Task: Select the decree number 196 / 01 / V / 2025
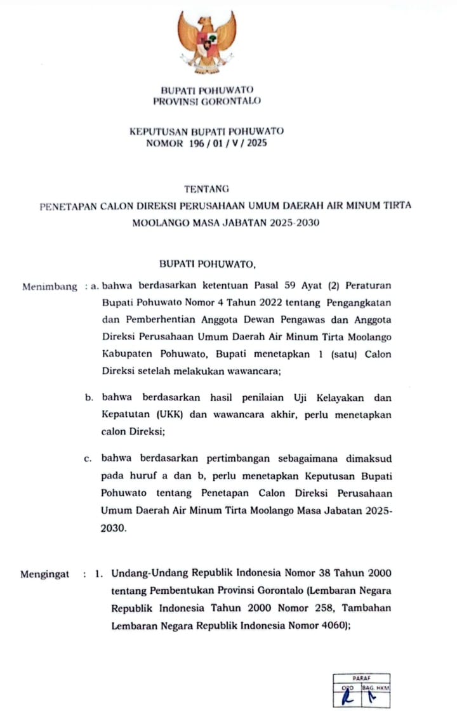pos(228,143)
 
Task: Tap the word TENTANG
pos(206,188)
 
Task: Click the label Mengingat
pos(44,574)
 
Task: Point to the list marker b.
pos(89,398)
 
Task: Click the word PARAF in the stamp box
pos(361,678)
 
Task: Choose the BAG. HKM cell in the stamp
pos(375,687)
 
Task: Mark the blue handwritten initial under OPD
pos(346,699)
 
